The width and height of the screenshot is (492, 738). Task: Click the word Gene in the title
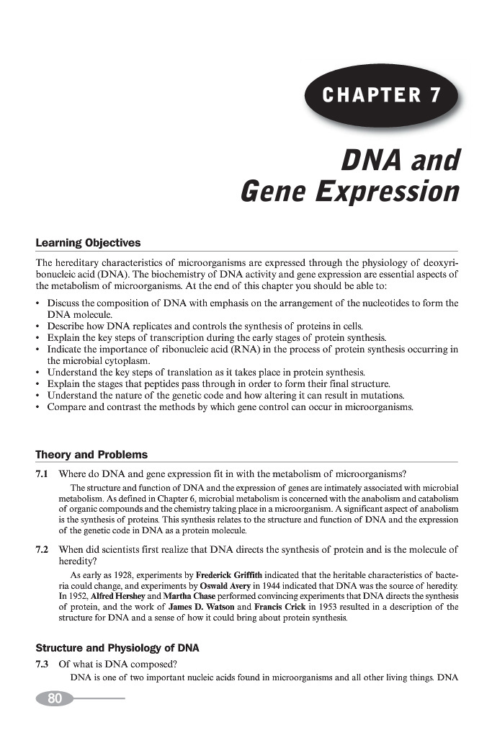[x=273, y=192]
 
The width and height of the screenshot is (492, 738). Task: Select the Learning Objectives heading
[x=88, y=243]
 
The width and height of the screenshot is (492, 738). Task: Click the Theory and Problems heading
[x=91, y=455]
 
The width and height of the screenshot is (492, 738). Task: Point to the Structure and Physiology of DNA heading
[x=117, y=648]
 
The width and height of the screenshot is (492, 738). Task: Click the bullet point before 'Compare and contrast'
[x=39, y=407]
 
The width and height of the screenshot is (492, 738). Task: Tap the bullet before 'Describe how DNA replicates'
[x=39, y=326]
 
